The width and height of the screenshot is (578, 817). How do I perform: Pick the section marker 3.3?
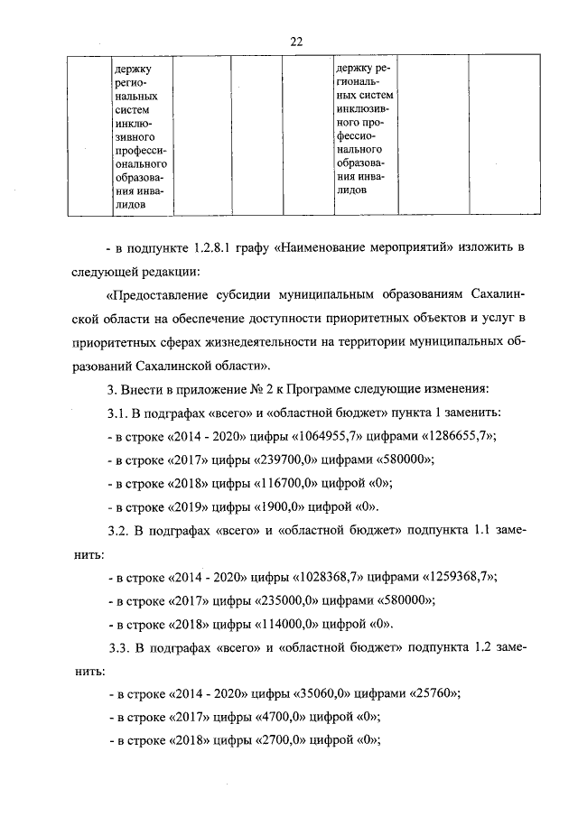click(118, 647)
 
